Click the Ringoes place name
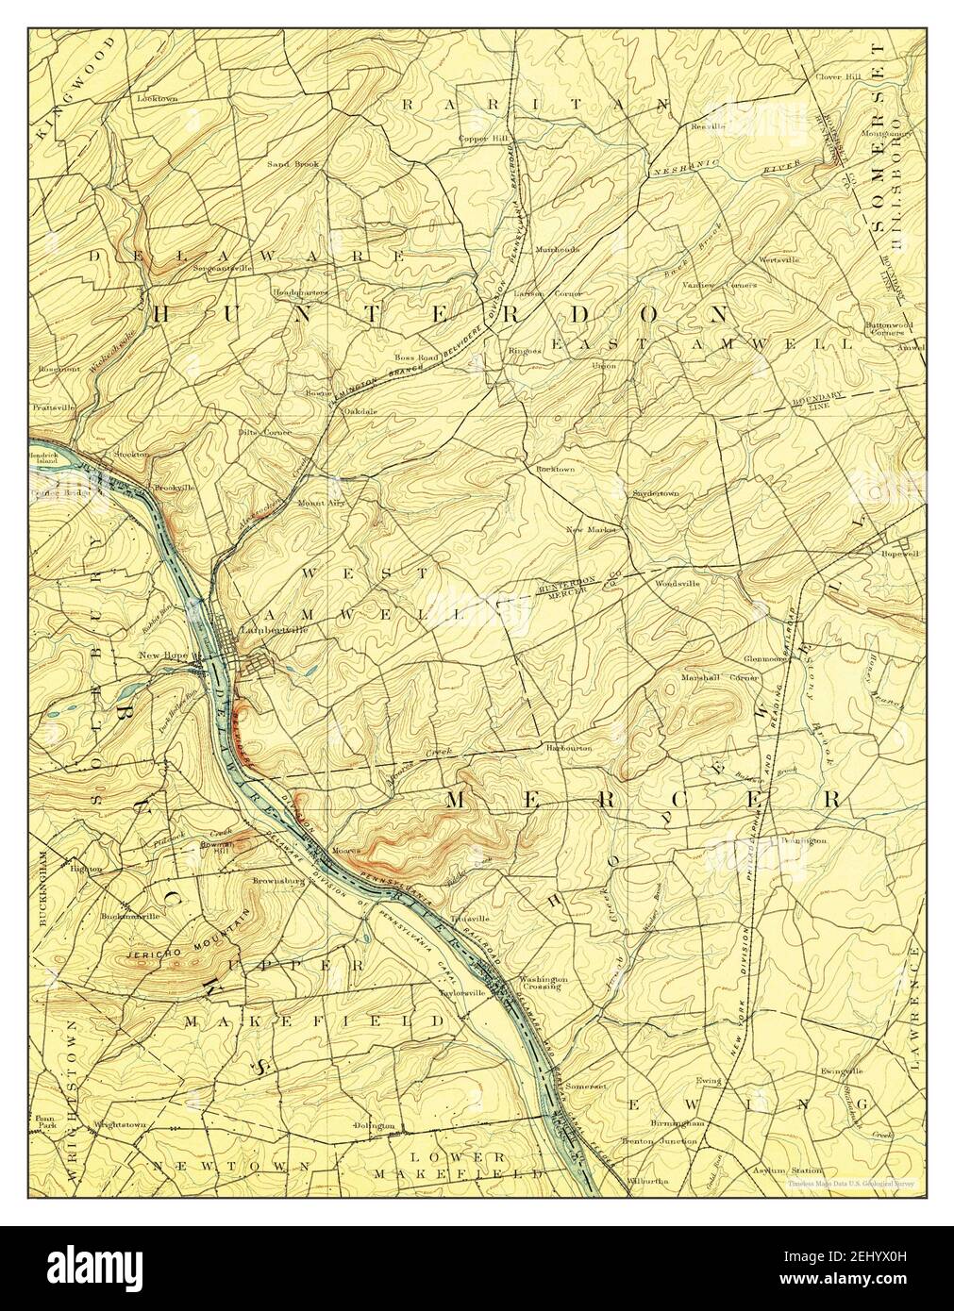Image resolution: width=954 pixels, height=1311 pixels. coord(524,350)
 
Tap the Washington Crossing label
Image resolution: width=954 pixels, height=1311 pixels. coord(542,984)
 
